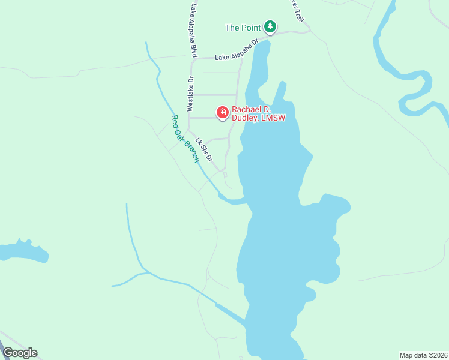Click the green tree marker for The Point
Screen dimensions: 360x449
tap(271, 26)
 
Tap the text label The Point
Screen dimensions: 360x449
tap(243, 28)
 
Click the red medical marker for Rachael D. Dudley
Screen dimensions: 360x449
tap(222, 112)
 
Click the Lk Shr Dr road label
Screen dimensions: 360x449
tap(204, 147)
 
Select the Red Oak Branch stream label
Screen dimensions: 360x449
tap(185, 139)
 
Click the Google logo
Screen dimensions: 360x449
tap(20, 353)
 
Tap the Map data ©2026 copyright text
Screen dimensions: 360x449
tap(423, 355)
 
